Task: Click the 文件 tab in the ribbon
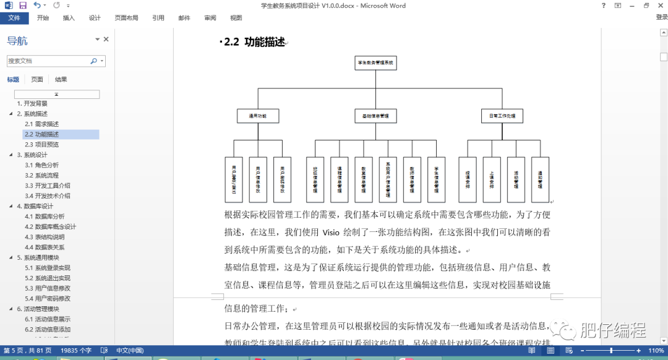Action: [x=14, y=18]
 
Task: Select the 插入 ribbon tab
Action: [x=69, y=18]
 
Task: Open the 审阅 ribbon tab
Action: [x=210, y=18]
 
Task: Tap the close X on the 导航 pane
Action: [x=106, y=40]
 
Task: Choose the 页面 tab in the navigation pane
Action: [x=37, y=79]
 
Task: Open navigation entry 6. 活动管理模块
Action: [x=41, y=309]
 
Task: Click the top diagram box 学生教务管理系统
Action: [x=375, y=62]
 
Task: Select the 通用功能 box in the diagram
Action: [x=258, y=116]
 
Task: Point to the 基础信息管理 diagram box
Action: [x=375, y=116]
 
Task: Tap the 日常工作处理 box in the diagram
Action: [x=502, y=116]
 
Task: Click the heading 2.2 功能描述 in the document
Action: [x=254, y=42]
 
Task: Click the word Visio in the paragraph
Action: [x=331, y=233]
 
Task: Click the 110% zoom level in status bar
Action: [x=655, y=351]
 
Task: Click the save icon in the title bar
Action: [x=23, y=6]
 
